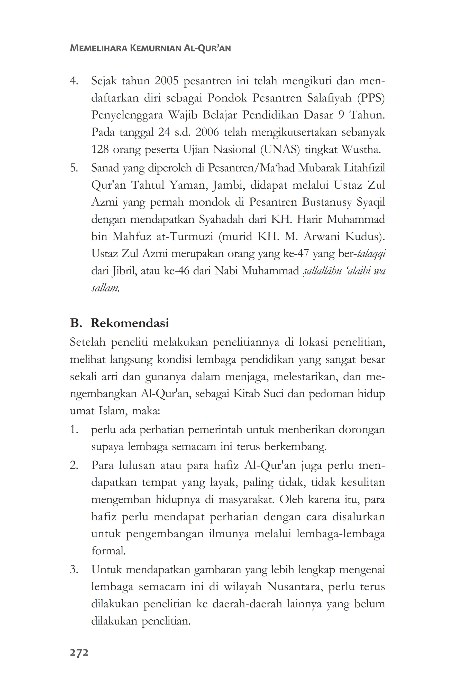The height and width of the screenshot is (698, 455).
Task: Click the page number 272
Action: coord(79,653)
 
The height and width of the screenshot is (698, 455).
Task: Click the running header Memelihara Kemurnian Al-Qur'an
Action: coord(150,48)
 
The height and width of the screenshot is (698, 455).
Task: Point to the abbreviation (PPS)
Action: coord(371,98)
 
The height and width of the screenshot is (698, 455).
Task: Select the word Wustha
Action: coord(361,150)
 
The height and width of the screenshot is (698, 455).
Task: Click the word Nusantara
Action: coord(295,586)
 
